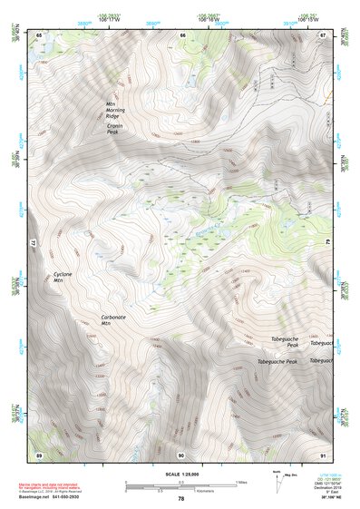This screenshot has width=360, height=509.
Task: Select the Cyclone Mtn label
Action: tap(63, 277)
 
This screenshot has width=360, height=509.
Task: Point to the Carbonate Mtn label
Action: tap(112, 319)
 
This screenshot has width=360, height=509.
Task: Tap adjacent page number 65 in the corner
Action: tap(39, 35)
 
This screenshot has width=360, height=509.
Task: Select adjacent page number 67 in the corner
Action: tap(322, 35)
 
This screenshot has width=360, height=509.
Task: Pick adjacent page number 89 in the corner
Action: tap(39, 454)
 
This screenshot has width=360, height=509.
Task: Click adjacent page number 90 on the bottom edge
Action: tap(181, 454)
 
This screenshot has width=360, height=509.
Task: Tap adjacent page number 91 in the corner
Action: tap(322, 454)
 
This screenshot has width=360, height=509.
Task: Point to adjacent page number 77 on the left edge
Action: tap(34, 244)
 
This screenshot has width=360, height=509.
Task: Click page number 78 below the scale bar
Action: tap(180, 498)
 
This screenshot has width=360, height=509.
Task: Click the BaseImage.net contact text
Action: tap(57, 496)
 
